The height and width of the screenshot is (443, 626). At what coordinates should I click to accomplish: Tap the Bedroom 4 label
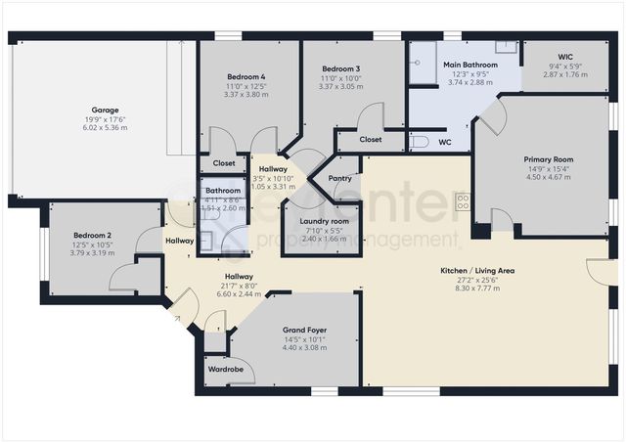pyautogui.click(x=246, y=76)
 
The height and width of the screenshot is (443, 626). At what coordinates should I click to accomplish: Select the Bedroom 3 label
pyautogui.click(x=341, y=68)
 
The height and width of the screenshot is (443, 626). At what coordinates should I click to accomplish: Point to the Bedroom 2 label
pyautogui.click(x=93, y=236)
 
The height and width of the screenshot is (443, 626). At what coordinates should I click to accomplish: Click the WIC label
pyautogui.click(x=564, y=57)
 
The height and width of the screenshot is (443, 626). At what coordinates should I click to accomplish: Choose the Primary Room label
pyautogui.click(x=548, y=158)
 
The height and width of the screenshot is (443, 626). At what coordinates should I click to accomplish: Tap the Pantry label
pyautogui.click(x=340, y=178)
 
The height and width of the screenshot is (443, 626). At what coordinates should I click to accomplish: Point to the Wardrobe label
pyautogui.click(x=226, y=370)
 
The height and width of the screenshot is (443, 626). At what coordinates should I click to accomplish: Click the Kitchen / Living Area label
pyautogui.click(x=478, y=270)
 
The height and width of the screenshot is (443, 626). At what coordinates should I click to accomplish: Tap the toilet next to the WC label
pyautogui.click(x=418, y=143)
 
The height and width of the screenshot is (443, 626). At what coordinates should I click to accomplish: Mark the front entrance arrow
pyautogui.click(x=176, y=317)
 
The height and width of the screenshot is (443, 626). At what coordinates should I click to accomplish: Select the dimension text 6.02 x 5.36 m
pyautogui.click(x=105, y=128)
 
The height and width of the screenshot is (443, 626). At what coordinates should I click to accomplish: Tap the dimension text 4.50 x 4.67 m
pyautogui.click(x=548, y=177)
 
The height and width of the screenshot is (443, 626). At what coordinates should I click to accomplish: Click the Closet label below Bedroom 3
pyautogui.click(x=370, y=140)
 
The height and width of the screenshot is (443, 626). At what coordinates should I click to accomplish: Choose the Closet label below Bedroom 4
pyautogui.click(x=224, y=163)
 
